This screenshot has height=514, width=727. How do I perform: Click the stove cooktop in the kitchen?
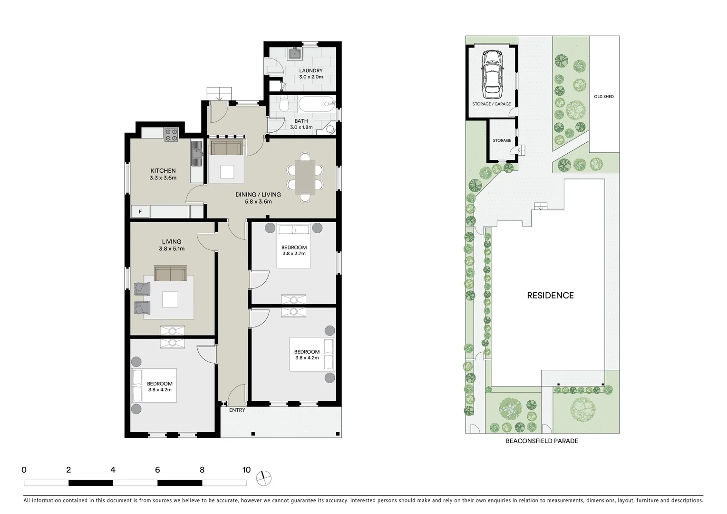tap(171, 135)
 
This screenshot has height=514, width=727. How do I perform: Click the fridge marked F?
tap(140, 211)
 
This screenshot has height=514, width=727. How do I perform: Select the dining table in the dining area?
tap(304, 177)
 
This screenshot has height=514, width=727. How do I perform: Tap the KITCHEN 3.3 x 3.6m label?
tap(163, 174)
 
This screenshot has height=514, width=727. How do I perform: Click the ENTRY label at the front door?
tap(237, 410)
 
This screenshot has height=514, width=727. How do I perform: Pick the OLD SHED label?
tap(603, 97)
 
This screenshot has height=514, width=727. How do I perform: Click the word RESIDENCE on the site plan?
tap(550, 296)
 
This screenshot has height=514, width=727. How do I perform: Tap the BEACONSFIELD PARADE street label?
tap(542, 441)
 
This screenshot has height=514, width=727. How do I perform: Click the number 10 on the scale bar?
tap(246, 470)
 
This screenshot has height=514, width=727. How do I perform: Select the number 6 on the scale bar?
tap(157, 470)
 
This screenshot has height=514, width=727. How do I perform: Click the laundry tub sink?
tap(296, 54)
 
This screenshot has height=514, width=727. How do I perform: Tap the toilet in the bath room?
tap(284, 104)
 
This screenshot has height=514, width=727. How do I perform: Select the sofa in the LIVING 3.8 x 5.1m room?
tap(171, 274)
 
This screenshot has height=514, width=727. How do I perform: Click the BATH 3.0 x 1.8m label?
tap(301, 124)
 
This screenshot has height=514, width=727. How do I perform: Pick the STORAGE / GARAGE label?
tap(492, 104)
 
